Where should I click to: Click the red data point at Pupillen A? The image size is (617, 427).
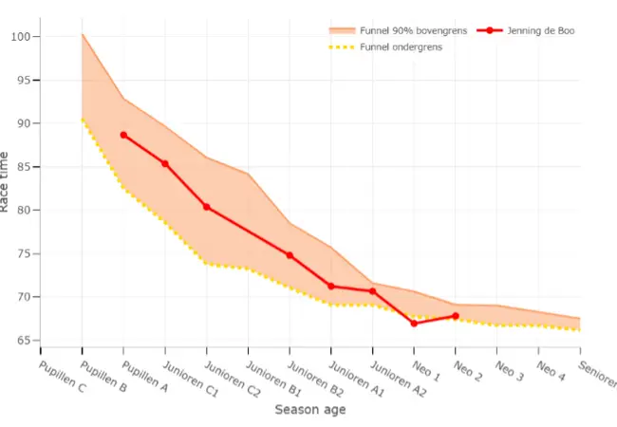pyautogui.click(x=123, y=135)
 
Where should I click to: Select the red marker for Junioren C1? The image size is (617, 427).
pyautogui.click(x=165, y=164)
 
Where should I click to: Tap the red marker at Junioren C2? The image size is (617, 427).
pyautogui.click(x=206, y=207)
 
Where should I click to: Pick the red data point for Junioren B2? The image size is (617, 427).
pyautogui.click(x=290, y=255)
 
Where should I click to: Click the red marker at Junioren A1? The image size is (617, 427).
pyautogui.click(x=331, y=286)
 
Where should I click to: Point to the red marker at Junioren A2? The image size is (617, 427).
pyautogui.click(x=372, y=291)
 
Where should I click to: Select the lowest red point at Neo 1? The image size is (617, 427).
pyautogui.click(x=414, y=324)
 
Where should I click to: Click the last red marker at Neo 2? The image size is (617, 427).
pyautogui.click(x=456, y=316)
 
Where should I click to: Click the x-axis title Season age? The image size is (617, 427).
pyautogui.click(x=309, y=410)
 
